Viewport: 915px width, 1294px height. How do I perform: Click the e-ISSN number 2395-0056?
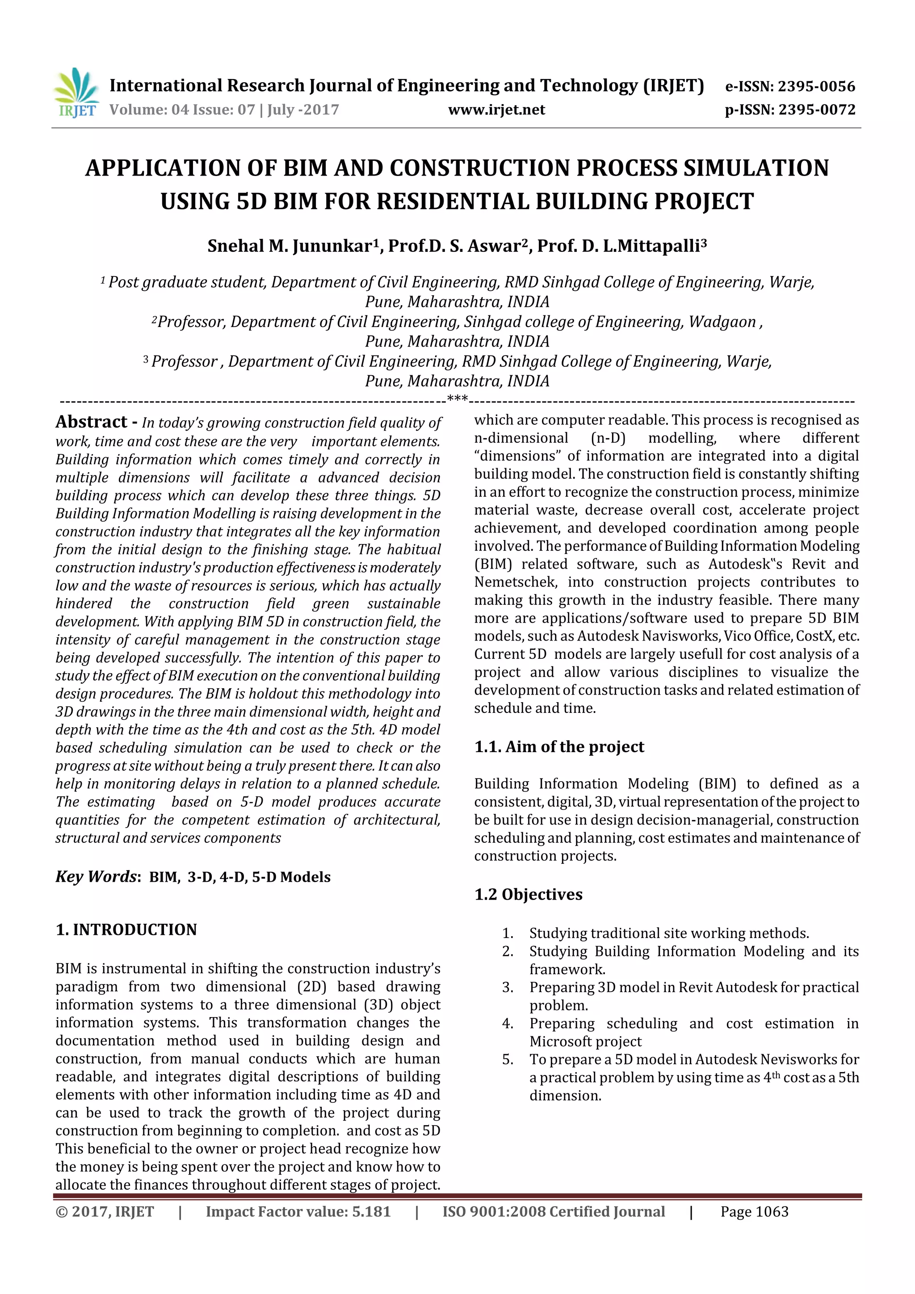(x=816, y=86)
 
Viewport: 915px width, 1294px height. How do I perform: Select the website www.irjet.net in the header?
(x=496, y=109)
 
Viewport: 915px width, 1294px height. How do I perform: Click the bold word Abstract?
(x=91, y=422)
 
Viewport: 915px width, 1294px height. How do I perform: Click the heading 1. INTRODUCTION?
(x=126, y=930)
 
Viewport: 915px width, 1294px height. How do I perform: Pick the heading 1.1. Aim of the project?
(x=559, y=747)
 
